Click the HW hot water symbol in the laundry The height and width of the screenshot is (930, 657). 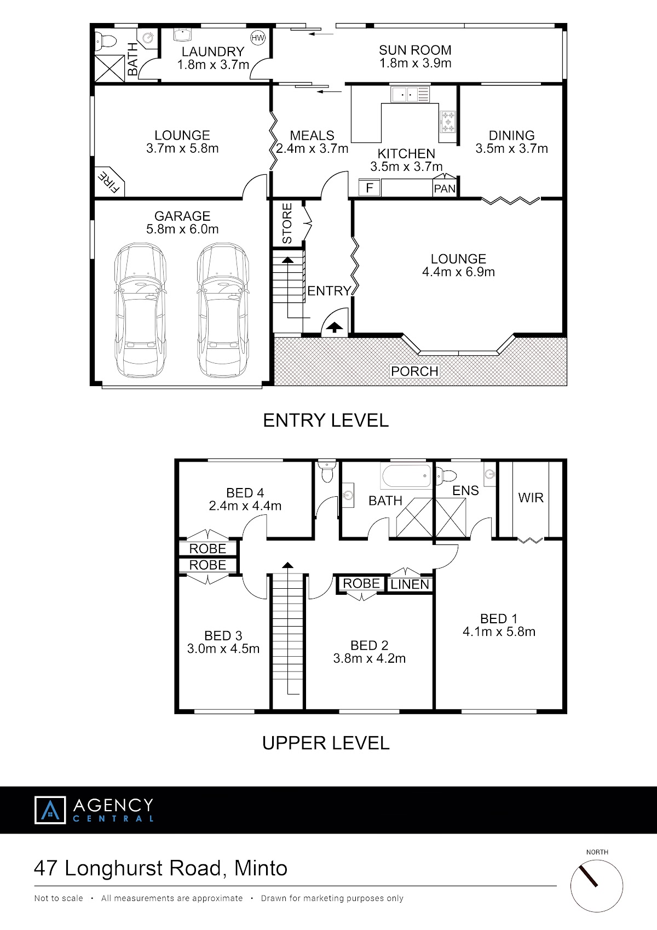258,38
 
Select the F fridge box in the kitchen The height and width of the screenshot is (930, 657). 370,188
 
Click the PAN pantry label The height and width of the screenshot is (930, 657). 445,189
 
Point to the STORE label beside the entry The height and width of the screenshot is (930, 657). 287,223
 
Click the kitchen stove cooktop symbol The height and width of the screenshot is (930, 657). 448,122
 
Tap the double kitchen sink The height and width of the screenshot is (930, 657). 410,94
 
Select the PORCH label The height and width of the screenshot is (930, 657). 414,371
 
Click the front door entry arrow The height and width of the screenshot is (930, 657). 334,328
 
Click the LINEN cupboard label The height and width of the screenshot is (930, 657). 410,584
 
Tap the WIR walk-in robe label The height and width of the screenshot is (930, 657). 531,497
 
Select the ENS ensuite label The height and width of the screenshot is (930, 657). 465,491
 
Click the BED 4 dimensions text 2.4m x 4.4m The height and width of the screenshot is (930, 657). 245,506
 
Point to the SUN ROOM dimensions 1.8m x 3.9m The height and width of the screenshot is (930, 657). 416,63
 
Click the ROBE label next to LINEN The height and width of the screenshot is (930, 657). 361,583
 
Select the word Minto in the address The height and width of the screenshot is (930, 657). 261,868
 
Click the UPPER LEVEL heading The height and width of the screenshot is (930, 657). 326,743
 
